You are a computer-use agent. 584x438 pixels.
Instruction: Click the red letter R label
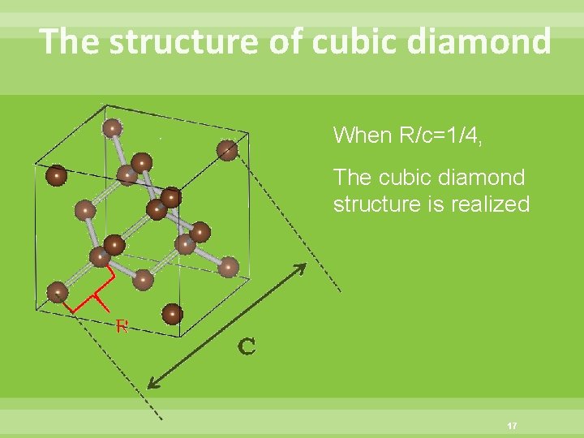click(122, 327)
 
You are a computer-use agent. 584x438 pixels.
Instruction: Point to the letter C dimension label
click(247, 347)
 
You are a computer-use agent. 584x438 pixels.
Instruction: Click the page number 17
click(511, 426)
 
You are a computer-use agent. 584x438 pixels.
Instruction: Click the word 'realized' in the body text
click(492, 204)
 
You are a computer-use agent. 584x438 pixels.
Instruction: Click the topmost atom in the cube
click(113, 127)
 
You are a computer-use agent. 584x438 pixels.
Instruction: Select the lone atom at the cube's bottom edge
click(172, 313)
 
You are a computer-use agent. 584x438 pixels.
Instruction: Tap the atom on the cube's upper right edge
click(228, 149)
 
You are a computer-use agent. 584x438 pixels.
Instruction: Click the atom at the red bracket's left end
click(57, 291)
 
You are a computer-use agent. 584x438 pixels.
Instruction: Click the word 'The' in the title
click(69, 41)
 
